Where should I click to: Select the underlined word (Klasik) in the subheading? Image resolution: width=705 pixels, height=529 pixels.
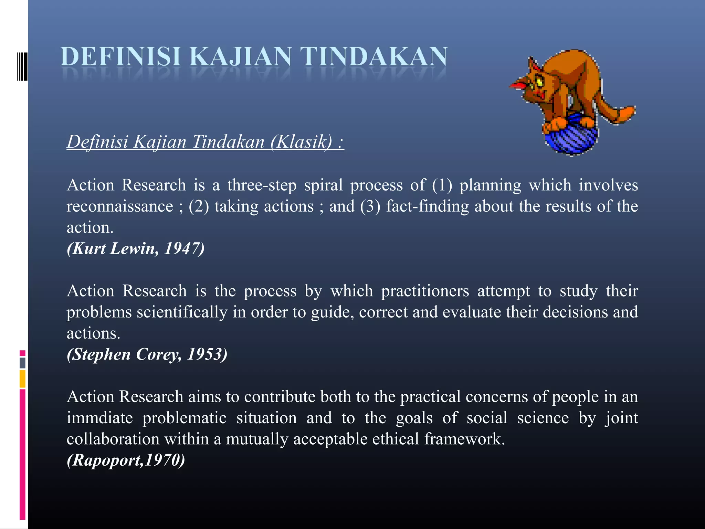click(302, 142)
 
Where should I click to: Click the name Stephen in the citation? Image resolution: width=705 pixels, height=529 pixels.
click(102, 354)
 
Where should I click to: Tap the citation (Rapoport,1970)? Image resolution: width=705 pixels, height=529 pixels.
click(126, 460)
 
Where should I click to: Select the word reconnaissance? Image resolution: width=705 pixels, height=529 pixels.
click(120, 206)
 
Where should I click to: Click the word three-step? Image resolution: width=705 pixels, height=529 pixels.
click(262, 185)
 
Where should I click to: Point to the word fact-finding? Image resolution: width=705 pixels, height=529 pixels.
click(427, 206)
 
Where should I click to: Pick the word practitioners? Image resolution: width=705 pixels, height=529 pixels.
click(425, 291)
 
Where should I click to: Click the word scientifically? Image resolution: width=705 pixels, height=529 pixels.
click(182, 312)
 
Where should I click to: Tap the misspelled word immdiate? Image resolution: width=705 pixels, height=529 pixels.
click(99, 418)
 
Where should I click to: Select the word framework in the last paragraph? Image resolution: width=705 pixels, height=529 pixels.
click(464, 439)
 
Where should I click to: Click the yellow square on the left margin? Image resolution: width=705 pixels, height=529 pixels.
click(23, 378)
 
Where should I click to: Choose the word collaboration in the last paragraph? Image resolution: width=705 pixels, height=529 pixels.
click(113, 439)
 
